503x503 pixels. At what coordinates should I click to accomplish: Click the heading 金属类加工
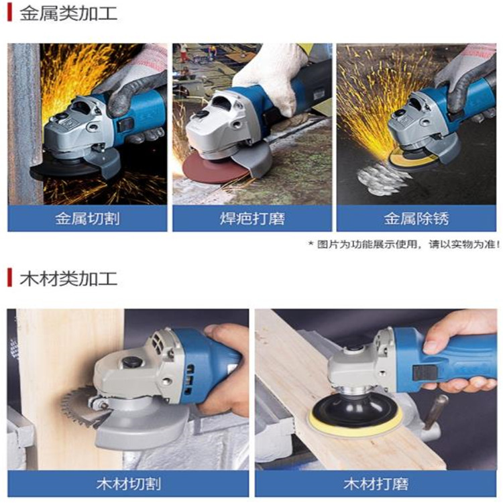click(68, 13)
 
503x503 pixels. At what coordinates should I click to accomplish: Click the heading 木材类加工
click(68, 278)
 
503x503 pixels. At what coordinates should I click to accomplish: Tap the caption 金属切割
click(87, 219)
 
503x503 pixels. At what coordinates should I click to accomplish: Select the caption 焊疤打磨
click(252, 219)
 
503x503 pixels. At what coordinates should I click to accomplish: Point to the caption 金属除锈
click(416, 219)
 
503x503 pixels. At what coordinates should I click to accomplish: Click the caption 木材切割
click(128, 484)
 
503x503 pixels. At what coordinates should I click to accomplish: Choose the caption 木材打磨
click(376, 484)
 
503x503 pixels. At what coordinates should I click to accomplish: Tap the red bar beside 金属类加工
click(9, 13)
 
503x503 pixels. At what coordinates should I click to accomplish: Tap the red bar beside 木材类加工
click(9, 278)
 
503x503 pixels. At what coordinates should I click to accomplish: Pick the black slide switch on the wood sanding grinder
click(426, 372)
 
